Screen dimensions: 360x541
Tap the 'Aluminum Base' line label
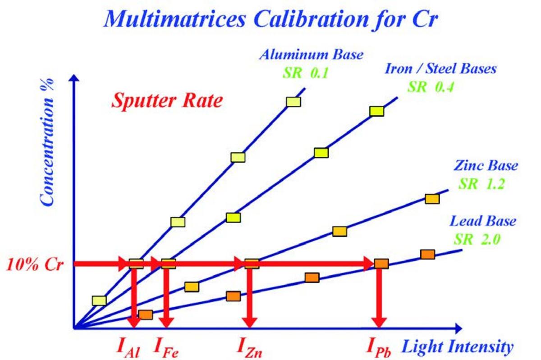pyautogui.click(x=311, y=55)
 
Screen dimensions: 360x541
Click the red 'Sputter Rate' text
pyautogui.click(x=167, y=101)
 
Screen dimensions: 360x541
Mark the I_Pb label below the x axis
pyautogui.click(x=378, y=348)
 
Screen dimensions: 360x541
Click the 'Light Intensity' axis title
pyautogui.click(x=457, y=347)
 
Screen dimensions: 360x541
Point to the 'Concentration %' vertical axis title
pyautogui.click(x=47, y=142)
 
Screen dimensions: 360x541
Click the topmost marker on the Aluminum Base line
pyautogui.click(x=293, y=102)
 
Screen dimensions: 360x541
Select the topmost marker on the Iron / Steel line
pyautogui.click(x=376, y=111)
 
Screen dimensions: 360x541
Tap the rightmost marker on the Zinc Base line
pyautogui.click(x=432, y=199)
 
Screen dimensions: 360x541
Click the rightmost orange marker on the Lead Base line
pyautogui.click(x=427, y=255)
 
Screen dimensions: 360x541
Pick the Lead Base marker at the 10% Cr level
pyautogui.click(x=381, y=264)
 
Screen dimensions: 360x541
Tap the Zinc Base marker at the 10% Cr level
pyautogui.click(x=252, y=264)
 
